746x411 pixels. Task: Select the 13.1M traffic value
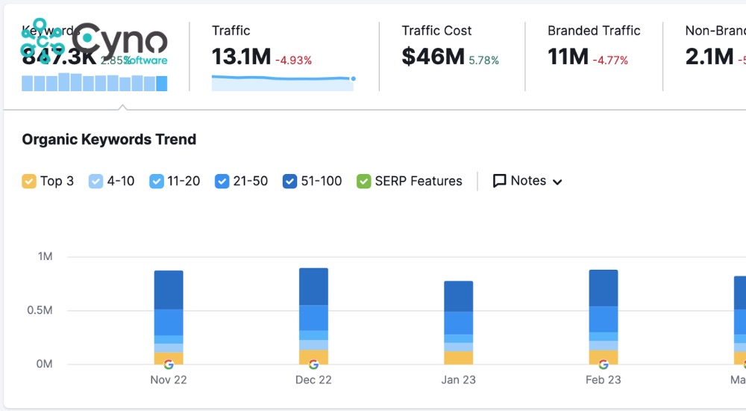[x=241, y=57]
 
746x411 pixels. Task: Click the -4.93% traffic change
[x=293, y=60]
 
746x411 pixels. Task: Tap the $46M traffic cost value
[x=433, y=57]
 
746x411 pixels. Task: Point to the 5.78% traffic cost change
[x=483, y=60]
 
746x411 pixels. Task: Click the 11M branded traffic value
[x=568, y=57]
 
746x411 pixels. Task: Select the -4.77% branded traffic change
[x=610, y=60]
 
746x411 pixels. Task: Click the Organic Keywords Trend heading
[x=109, y=140]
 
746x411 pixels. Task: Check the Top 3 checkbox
[x=29, y=181]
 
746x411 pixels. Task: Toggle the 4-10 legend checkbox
[x=96, y=181]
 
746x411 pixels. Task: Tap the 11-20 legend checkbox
[x=157, y=181]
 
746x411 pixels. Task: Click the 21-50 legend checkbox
[x=222, y=181]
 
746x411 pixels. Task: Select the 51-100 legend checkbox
[x=290, y=181]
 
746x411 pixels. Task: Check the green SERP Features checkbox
[x=364, y=181]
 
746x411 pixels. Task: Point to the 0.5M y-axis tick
[x=40, y=310]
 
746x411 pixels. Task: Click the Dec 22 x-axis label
[x=313, y=380]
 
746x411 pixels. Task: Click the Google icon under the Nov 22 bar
[x=169, y=365]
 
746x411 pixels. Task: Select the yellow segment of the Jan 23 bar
[x=458, y=357]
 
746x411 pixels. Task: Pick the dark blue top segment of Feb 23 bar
[x=604, y=288]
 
